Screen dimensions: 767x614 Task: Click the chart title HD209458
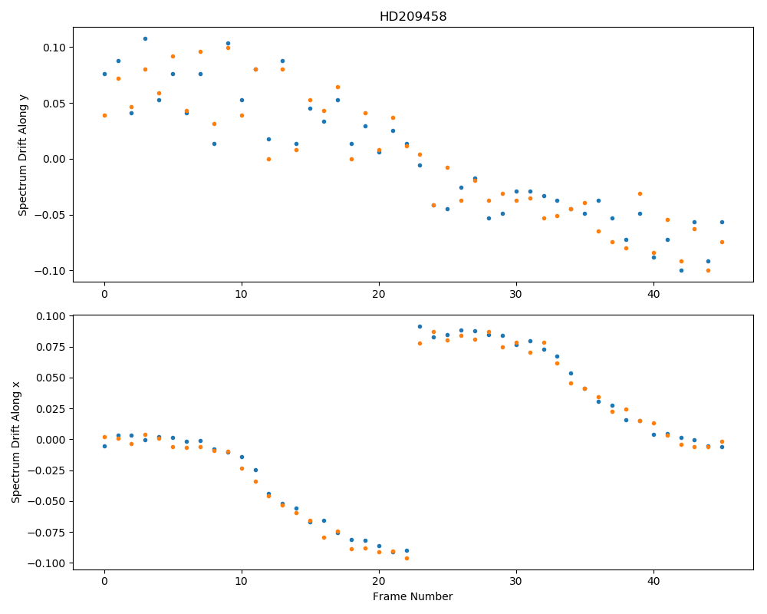(x=413, y=17)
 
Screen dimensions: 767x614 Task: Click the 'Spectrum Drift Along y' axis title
(x=22, y=154)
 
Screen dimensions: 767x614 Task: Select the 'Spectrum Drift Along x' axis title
(x=15, y=441)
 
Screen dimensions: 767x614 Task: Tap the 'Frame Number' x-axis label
(x=413, y=596)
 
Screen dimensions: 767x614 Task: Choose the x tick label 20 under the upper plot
(x=379, y=294)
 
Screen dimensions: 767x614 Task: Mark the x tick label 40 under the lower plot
(x=653, y=582)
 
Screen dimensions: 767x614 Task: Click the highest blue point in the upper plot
(x=145, y=38)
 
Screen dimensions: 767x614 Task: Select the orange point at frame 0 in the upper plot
(x=104, y=116)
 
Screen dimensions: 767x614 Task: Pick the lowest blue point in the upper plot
(x=681, y=271)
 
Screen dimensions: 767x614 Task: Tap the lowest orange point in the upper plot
(x=708, y=271)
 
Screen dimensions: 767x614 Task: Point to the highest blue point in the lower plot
(x=420, y=327)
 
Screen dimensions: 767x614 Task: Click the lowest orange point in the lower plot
(x=407, y=558)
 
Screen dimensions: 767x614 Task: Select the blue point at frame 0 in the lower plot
(x=104, y=446)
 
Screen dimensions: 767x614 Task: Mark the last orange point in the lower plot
(x=722, y=441)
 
